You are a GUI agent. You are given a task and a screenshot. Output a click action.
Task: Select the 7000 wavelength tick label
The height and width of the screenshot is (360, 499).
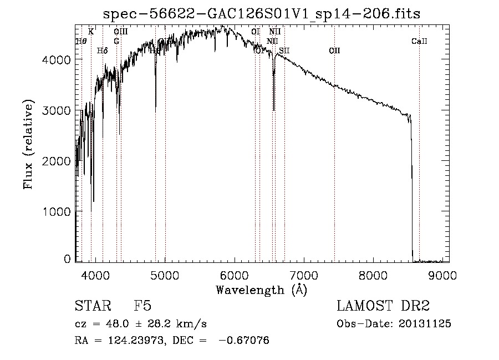(x=304, y=275)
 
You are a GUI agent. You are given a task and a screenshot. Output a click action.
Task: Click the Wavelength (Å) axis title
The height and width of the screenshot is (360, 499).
(x=261, y=289)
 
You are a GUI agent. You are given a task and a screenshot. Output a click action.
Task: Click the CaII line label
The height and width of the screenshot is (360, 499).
(x=419, y=41)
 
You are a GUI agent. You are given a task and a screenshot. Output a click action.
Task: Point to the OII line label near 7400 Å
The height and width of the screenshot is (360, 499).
(x=334, y=51)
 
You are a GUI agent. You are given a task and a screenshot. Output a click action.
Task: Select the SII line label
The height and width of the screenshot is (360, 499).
(x=284, y=51)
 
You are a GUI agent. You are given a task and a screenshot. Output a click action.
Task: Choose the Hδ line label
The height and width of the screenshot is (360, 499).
(x=102, y=51)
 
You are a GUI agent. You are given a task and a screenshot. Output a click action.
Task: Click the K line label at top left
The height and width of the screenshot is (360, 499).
(x=91, y=32)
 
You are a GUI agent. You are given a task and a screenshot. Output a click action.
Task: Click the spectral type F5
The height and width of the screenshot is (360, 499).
(x=143, y=306)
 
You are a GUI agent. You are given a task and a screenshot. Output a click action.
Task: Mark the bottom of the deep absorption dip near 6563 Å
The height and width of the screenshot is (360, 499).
(x=274, y=110)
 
